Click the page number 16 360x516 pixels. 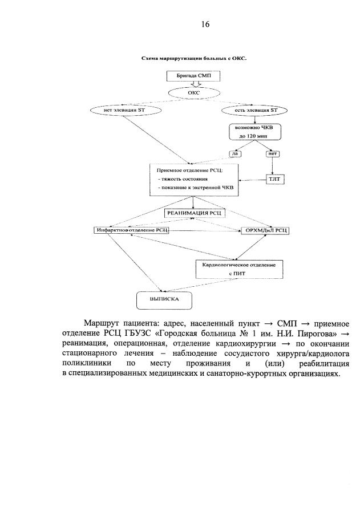[x=205, y=24]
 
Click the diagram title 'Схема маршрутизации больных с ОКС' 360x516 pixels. [x=193, y=58]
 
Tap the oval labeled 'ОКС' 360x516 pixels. [x=193, y=92]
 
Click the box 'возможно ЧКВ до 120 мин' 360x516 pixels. [x=254, y=131]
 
